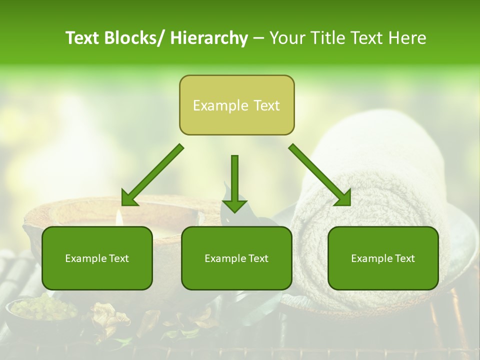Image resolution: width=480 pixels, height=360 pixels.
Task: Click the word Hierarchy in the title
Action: (209, 38)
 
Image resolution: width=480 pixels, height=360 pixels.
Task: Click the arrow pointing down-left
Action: (152, 175)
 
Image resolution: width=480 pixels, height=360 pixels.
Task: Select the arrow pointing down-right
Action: (320, 175)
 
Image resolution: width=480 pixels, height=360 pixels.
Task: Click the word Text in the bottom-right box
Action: (404, 258)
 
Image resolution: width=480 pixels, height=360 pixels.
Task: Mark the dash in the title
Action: (258, 38)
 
